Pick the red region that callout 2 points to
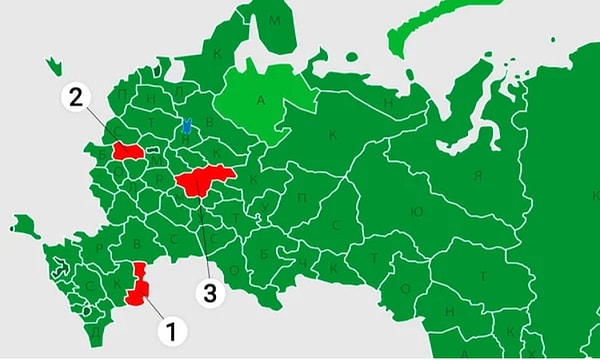pyautogui.click(x=127, y=151)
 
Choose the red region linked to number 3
pyautogui.click(x=205, y=181)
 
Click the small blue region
pyautogui.click(x=186, y=127)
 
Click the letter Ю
pyautogui.click(x=416, y=212)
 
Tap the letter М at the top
pyautogui.click(x=277, y=21)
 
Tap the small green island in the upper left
pyautogui.click(x=51, y=67)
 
